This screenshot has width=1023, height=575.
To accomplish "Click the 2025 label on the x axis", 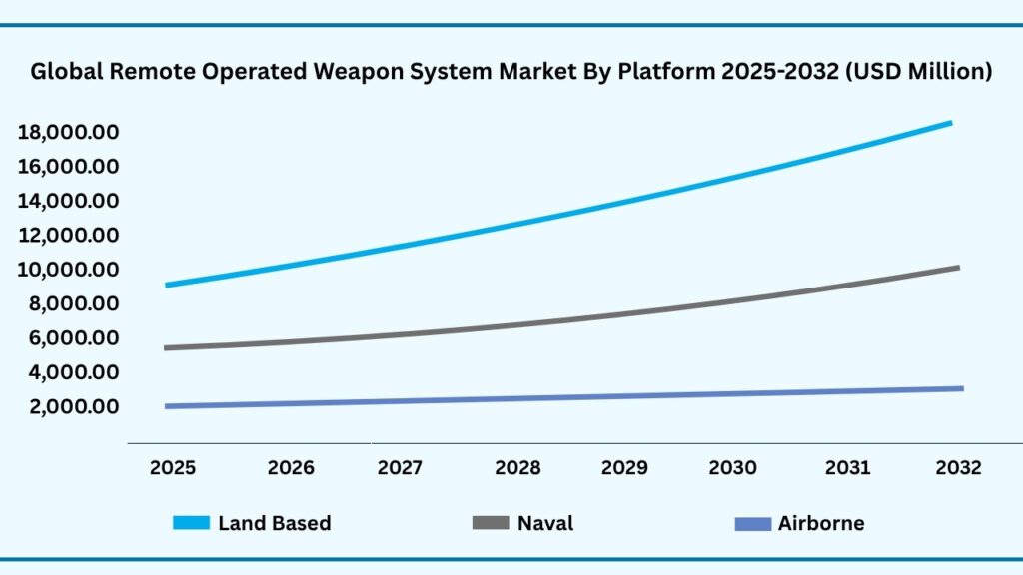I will (173, 467).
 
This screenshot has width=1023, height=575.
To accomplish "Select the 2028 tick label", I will (517, 467).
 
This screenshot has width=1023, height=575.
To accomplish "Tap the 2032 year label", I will (958, 467).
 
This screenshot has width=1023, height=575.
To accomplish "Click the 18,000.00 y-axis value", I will (69, 132).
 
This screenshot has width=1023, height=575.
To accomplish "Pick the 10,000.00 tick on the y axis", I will (69, 270).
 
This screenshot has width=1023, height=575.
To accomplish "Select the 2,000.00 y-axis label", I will (69, 407).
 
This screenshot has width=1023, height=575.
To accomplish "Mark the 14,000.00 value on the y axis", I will (69, 201).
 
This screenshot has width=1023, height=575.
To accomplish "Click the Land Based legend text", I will (274, 523).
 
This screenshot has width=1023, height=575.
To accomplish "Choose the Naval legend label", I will (544, 523).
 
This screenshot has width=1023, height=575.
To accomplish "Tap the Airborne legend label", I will (821, 523).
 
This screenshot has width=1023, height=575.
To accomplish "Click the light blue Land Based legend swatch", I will (191, 523).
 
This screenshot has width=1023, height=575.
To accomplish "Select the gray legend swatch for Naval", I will (489, 523).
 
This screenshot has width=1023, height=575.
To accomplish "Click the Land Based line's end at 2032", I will (949, 123).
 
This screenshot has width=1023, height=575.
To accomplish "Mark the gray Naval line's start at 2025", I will (167, 348).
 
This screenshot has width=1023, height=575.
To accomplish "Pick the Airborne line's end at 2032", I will (961, 388).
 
